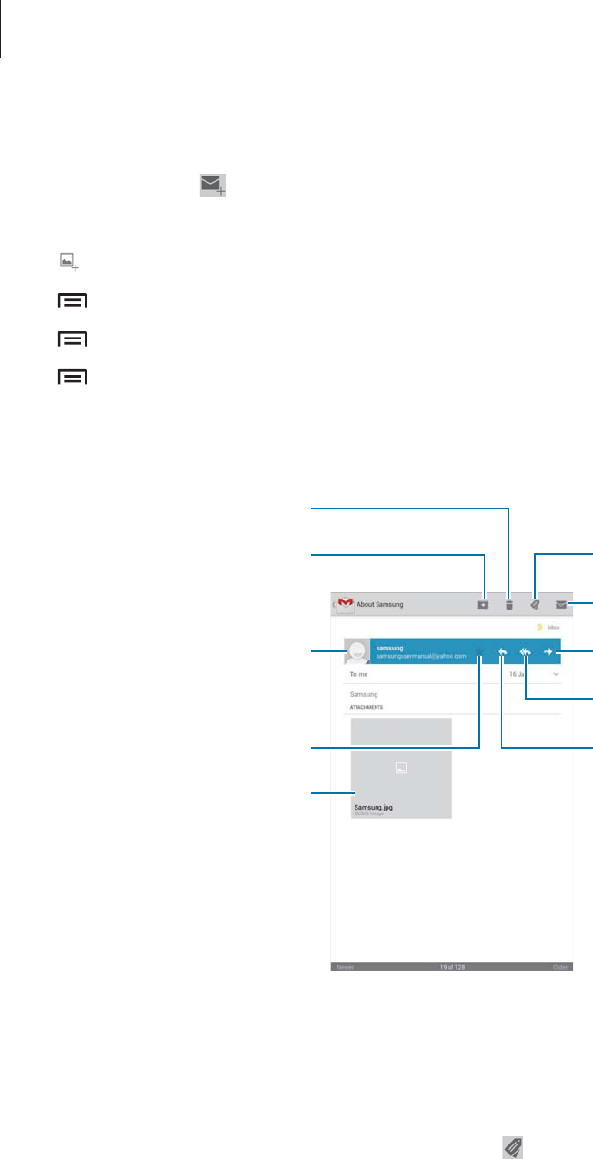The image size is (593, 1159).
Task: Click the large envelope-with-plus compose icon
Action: click(213, 186)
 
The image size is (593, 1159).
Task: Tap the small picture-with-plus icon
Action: click(68, 262)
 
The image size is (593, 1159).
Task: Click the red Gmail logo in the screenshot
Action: click(345, 602)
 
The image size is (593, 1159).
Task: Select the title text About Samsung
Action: click(380, 604)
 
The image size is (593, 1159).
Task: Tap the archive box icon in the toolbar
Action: click(484, 603)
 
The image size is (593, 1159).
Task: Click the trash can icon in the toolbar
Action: click(509, 603)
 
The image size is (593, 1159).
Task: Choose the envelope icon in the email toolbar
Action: click(561, 603)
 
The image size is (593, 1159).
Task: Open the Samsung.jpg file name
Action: click(374, 807)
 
